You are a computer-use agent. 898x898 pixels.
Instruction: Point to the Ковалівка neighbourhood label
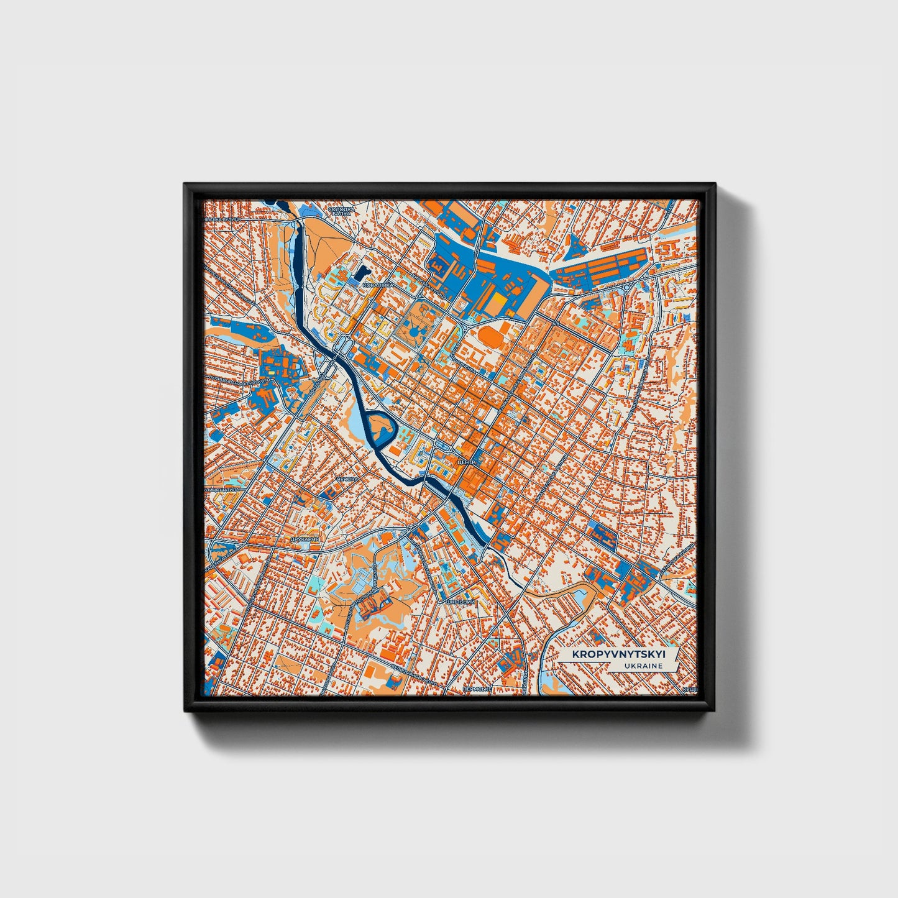(x=377, y=285)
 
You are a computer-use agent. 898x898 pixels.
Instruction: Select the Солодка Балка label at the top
(x=342, y=211)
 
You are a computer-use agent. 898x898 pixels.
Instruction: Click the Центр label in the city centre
(x=465, y=463)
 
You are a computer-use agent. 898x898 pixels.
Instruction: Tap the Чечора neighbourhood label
(x=347, y=480)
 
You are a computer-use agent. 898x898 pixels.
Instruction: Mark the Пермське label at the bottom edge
(x=477, y=689)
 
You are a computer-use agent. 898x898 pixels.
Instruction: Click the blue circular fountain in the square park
(x=413, y=334)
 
